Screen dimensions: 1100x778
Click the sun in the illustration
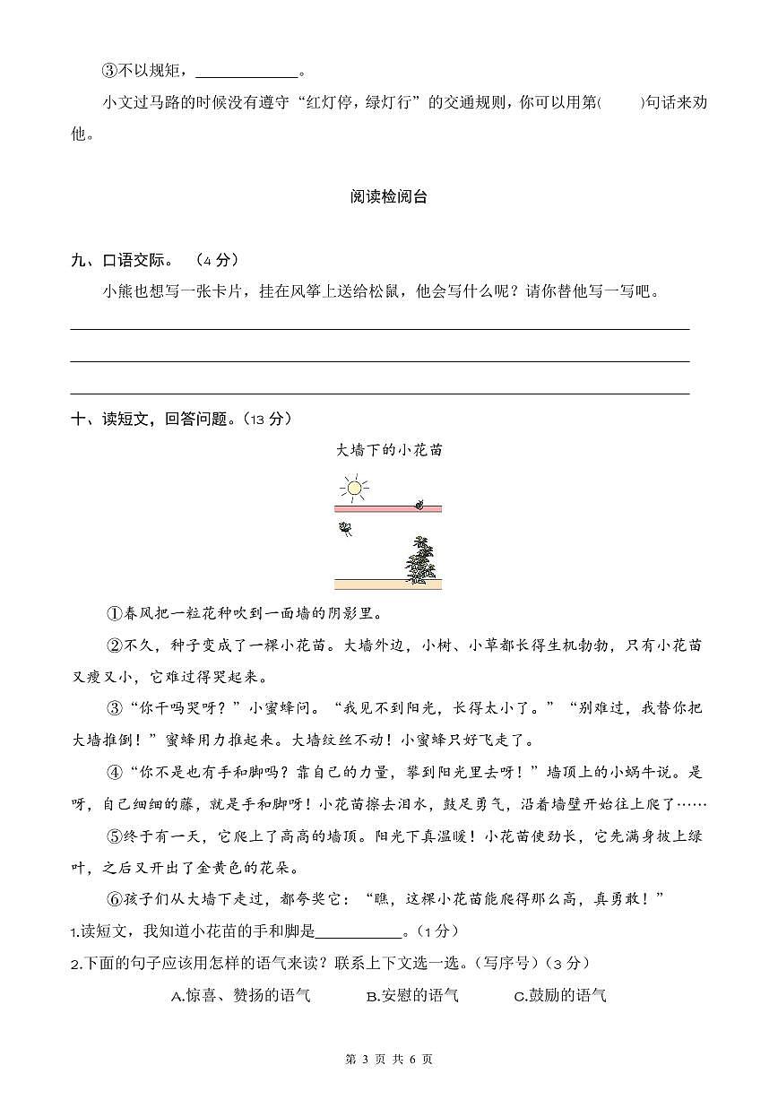coord(353,489)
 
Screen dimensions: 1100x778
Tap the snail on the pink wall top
coord(418,505)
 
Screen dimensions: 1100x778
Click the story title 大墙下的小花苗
coord(388,450)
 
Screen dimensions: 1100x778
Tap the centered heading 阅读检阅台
coord(388,197)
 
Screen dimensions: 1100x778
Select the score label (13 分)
coord(267,419)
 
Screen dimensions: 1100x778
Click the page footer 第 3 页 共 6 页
coord(388,1059)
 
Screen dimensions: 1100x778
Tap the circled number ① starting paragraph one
coord(114,614)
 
